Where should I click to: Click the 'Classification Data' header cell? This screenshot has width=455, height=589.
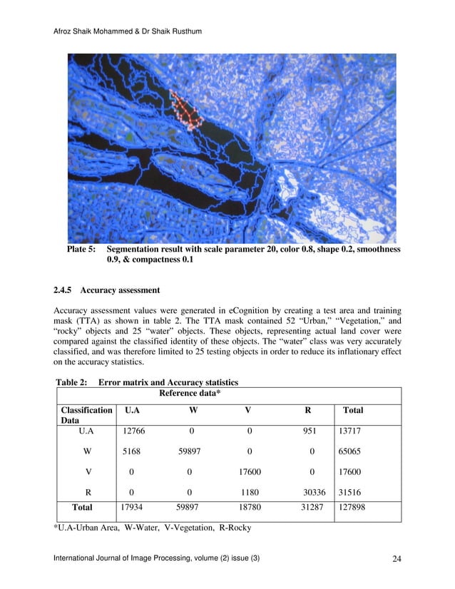(87, 416)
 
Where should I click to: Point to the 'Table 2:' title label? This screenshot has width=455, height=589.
(71, 383)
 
